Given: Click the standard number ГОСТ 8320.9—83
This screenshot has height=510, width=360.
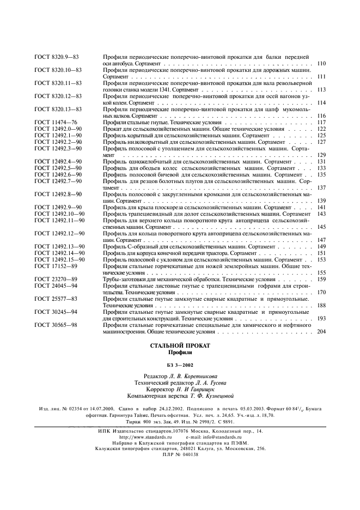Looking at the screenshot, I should coord(57,57).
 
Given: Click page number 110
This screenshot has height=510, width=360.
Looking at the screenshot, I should coord(321,64).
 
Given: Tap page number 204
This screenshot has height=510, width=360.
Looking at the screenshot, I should coord(321,331).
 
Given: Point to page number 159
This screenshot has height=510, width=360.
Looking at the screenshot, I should coord(321,279).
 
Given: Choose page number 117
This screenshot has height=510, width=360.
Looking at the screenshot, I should coord(321,123).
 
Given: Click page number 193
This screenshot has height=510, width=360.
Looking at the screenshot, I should coord(321,318).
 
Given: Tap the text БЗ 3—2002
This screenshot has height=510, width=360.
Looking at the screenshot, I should coord(180,365).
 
